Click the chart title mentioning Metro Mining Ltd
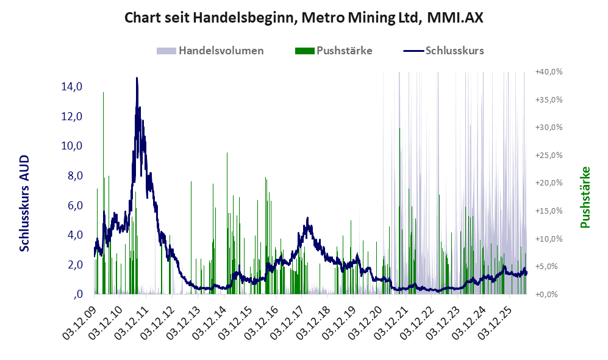click(304, 18)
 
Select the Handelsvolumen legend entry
click(210, 51)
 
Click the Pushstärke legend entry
click(334, 51)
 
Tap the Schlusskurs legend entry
click(443, 51)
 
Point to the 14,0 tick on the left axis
click(72, 87)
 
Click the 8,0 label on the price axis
click(75, 176)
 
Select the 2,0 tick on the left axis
click(75, 265)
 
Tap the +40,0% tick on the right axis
click(549, 72)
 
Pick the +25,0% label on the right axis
click(549, 155)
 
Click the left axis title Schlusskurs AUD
click(24, 203)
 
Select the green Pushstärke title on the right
click(585, 197)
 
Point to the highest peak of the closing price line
click(137, 78)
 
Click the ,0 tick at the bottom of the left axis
click(78, 295)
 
